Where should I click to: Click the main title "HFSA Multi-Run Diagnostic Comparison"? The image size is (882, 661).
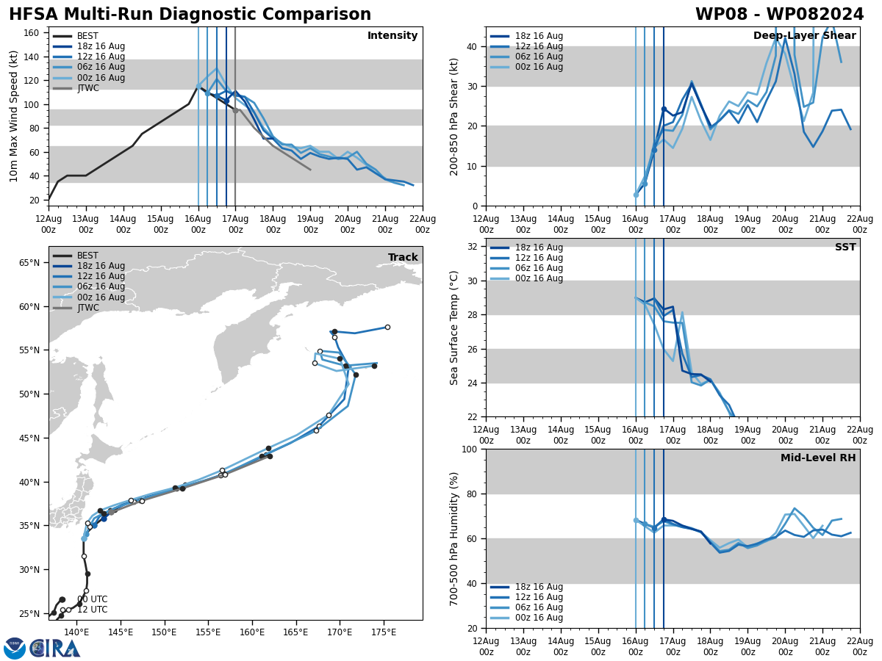coord(190,15)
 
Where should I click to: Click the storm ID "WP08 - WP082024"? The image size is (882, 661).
coord(779,15)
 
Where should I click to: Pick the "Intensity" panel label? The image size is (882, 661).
coord(392,36)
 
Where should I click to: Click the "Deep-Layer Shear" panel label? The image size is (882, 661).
coord(804,36)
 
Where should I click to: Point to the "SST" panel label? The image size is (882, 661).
coord(845,248)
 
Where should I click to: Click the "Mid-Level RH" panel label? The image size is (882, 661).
coord(817,458)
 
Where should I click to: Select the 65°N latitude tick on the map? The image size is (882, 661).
coord(28,263)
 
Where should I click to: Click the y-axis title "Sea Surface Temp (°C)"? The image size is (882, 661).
coord(454,328)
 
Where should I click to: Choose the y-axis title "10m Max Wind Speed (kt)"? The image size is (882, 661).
coord(14,116)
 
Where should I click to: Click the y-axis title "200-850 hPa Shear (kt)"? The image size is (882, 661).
coord(454,116)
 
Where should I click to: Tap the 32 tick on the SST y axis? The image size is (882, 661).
coord(473,247)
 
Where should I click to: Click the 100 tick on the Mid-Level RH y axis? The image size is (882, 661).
coord(470,449)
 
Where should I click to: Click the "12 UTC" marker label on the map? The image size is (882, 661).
coord(93,610)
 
